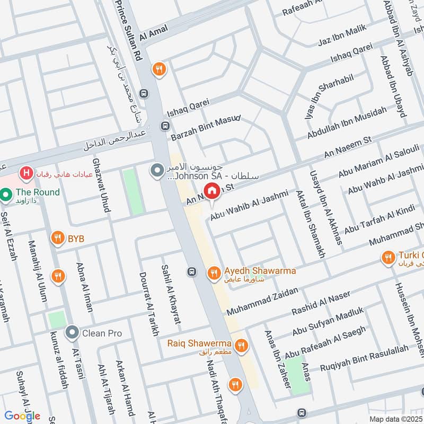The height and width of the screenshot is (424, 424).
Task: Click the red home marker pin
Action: coord(212,191)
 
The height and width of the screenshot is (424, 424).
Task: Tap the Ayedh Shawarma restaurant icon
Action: coord(214,272)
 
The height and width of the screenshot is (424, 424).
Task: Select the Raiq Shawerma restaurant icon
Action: coord(241,346)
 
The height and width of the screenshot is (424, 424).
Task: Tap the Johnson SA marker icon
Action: coord(157,170)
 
